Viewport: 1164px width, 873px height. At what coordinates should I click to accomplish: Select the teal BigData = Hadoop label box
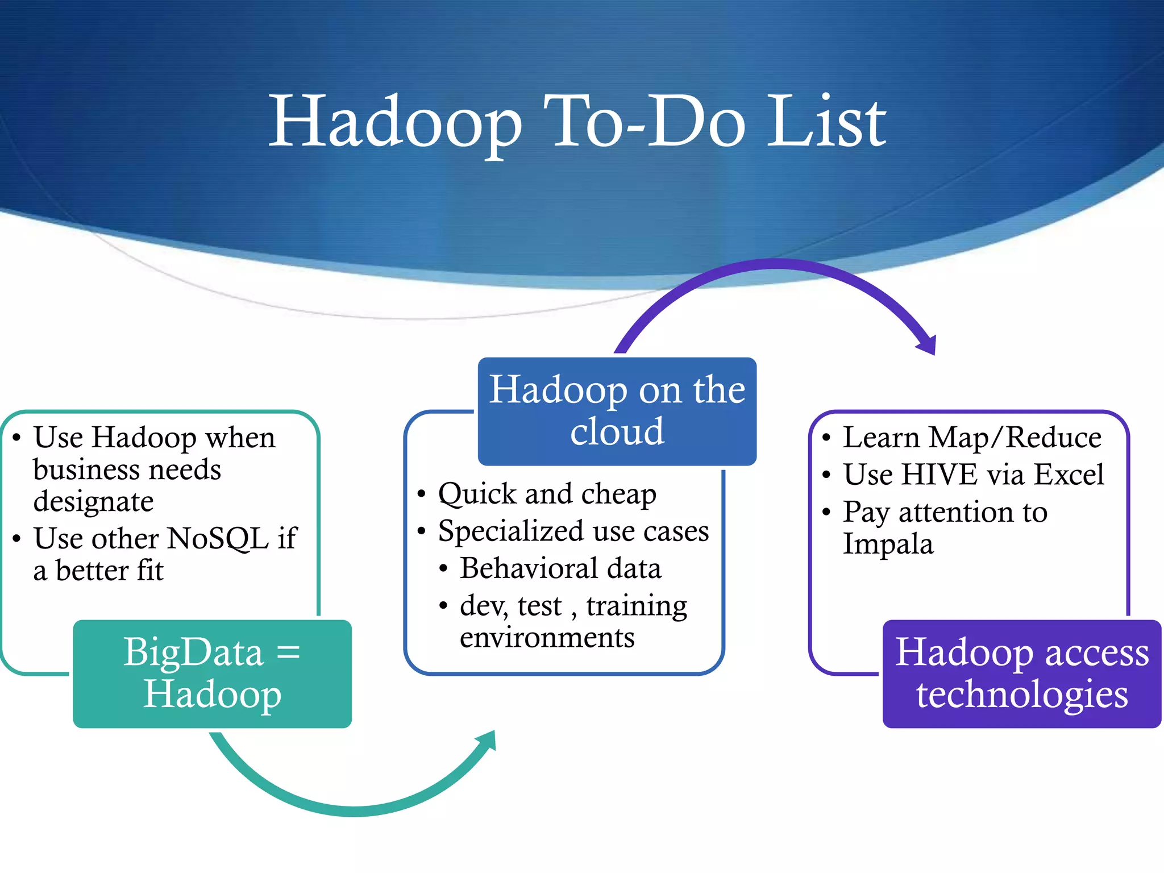tap(212, 674)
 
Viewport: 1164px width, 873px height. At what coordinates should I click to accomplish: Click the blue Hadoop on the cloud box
tap(617, 411)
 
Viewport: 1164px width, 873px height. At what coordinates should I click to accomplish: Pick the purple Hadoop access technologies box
tap(1021, 674)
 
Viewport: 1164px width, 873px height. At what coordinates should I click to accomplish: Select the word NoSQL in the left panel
tap(218, 538)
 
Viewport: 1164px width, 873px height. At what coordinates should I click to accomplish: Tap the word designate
tap(93, 502)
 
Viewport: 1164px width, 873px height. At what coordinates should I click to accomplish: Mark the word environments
tap(547, 638)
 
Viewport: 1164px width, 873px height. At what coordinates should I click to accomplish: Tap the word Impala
tap(888, 544)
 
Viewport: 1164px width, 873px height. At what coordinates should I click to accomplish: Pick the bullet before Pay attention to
tap(826, 513)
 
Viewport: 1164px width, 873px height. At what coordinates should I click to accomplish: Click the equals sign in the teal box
tap(288, 652)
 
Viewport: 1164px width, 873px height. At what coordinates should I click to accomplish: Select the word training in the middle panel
tap(637, 606)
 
